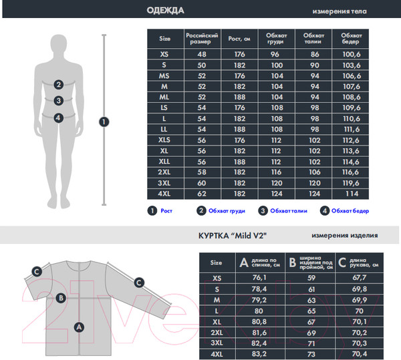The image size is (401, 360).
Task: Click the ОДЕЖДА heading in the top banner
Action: pos(166,11)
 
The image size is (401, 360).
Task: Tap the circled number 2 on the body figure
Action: pos(59,85)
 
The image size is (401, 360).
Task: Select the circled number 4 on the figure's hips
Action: pos(59,118)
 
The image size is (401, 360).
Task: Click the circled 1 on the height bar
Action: pos(104,122)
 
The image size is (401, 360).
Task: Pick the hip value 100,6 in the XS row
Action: pos(352,54)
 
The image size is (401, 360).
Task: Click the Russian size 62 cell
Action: pos(202,194)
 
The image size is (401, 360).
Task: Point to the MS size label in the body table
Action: pos(164,76)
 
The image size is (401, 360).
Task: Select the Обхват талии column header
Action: pos(314,38)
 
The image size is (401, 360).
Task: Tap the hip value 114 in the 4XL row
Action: pos(352,194)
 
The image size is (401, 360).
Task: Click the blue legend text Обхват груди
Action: pos(227,211)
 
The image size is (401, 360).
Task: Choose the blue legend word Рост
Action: pos(166,211)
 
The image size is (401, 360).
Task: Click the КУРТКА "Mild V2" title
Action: pos(233,235)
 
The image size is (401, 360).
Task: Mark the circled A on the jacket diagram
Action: pos(79,327)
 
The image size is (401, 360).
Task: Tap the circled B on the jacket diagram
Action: pos(61,298)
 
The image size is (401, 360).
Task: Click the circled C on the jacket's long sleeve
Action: pos(139,283)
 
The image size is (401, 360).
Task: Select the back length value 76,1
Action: pos(259,277)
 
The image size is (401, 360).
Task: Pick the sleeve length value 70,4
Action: pos(360,354)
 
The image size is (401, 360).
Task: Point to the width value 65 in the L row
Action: pos(311,311)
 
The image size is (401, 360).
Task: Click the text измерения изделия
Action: pos(344,235)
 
